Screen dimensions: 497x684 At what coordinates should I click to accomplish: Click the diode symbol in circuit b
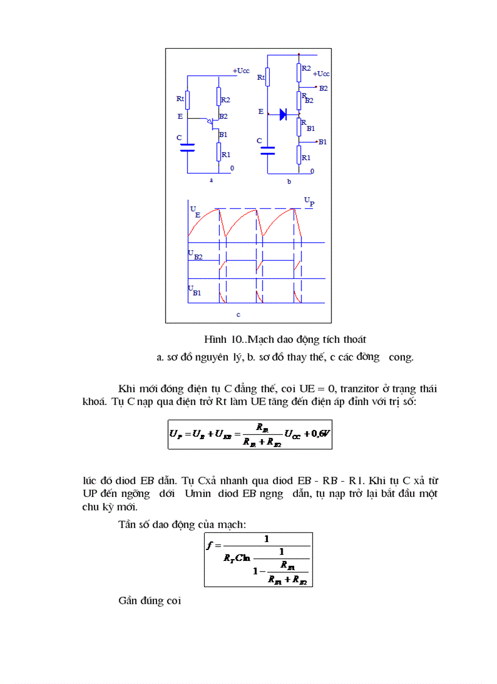click(x=283, y=114)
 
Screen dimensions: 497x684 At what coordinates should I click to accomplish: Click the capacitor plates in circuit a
click(x=188, y=147)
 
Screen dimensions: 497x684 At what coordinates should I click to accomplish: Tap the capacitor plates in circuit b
click(x=268, y=150)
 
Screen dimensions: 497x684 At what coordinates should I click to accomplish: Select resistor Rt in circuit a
click(x=188, y=99)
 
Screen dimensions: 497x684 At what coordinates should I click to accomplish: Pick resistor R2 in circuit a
click(x=219, y=97)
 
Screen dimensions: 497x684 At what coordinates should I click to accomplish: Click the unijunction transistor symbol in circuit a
click(x=213, y=124)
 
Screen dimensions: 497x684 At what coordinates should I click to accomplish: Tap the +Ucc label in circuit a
click(x=241, y=71)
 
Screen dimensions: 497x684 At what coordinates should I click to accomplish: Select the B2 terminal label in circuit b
click(x=323, y=88)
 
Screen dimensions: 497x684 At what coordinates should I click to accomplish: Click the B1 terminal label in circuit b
click(x=322, y=142)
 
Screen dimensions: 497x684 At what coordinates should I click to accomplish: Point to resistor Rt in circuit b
click(x=268, y=77)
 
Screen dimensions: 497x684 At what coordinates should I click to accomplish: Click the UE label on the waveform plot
click(x=194, y=211)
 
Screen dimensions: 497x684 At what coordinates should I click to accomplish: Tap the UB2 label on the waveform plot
click(x=195, y=255)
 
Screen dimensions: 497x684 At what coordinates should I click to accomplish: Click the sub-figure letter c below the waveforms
click(x=238, y=315)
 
